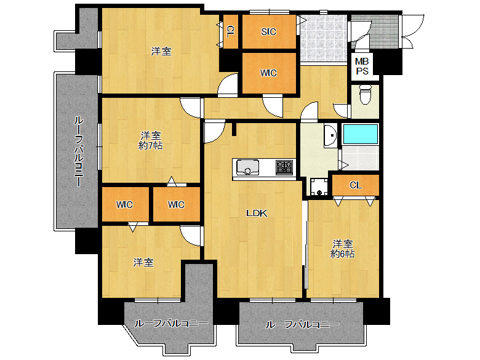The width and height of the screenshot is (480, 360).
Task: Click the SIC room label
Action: [x=268, y=31]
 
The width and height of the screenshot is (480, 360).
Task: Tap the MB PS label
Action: [x=362, y=66]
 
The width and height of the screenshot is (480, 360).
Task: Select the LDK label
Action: [x=257, y=213]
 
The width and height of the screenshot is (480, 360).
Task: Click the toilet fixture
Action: [x=365, y=95]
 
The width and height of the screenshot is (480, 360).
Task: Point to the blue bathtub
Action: [x=361, y=134]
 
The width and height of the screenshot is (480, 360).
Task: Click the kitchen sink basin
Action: [x=247, y=167]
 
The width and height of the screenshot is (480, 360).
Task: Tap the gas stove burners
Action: [x=284, y=167]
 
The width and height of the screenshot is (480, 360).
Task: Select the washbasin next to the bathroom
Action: [x=330, y=135]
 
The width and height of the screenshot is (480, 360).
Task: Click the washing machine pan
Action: [x=319, y=186]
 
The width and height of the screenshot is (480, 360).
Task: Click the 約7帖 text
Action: [x=150, y=145]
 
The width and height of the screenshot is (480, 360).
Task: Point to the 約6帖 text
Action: [x=342, y=254]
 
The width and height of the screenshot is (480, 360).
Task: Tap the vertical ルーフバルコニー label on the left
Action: [x=79, y=151]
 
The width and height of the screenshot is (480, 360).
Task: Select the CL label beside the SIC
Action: [x=230, y=31]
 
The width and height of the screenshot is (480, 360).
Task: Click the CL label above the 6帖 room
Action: [x=356, y=185]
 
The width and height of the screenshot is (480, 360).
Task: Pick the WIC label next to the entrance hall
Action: [x=268, y=73]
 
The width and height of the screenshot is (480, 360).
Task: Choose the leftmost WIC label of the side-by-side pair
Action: [x=124, y=204]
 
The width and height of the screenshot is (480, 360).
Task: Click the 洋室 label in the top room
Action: [x=161, y=51]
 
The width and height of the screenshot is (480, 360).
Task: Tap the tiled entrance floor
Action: [x=323, y=38]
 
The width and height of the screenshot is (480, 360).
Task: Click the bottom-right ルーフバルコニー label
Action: [x=302, y=324]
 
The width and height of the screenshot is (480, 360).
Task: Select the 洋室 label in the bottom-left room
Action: [x=143, y=262]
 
